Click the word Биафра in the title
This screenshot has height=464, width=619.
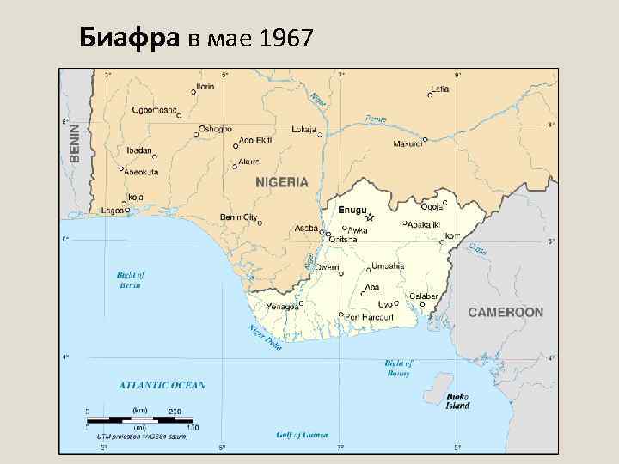pyautogui.click(x=129, y=38)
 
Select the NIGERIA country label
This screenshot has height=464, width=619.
pyautogui.click(x=281, y=182)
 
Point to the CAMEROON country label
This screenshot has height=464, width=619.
pyautogui.click(x=506, y=312)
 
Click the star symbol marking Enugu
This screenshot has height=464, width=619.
pyautogui.click(x=369, y=218)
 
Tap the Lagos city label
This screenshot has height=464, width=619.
pyautogui.click(x=113, y=210)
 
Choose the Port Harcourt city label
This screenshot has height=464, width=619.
pyautogui.click(x=369, y=317)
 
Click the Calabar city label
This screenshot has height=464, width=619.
pyautogui.click(x=423, y=296)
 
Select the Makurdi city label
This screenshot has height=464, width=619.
pyautogui.click(x=408, y=143)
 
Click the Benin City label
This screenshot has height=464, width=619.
pyautogui.click(x=238, y=217)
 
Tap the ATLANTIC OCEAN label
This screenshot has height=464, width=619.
pyautogui.click(x=162, y=385)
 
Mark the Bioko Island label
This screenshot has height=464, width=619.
pyautogui.click(x=457, y=401)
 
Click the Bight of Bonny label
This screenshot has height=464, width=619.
pyautogui.click(x=397, y=368)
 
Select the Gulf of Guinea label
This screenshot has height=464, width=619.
pyautogui.click(x=302, y=435)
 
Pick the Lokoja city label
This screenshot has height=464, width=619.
pyautogui.click(x=304, y=130)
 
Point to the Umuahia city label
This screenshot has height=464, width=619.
pyautogui.click(x=388, y=266)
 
